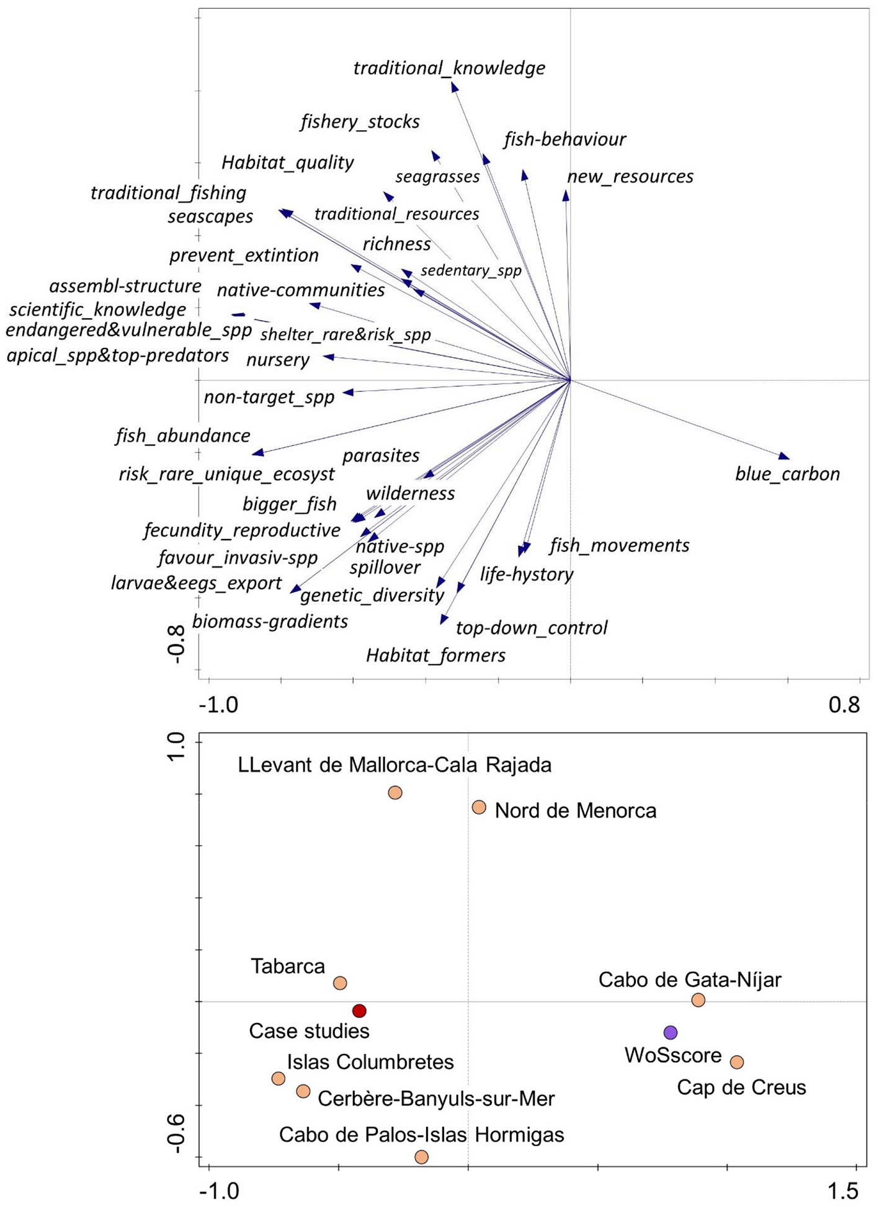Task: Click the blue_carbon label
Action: coord(787,474)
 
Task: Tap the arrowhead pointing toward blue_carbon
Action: coord(785,457)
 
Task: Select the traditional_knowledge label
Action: coord(449,68)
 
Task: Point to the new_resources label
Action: coord(630,177)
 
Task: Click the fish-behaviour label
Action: coord(564,140)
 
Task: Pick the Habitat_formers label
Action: coord(435,656)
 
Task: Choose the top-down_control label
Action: coord(532,628)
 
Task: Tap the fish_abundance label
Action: coord(182,435)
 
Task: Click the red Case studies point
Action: coord(359,1011)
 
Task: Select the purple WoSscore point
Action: coord(670,1032)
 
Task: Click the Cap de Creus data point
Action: coord(736,1062)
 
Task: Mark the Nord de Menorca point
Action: coord(479,807)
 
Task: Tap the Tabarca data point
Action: coord(340,983)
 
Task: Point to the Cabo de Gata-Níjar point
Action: coord(698,999)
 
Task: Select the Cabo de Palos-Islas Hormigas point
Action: coord(422,1156)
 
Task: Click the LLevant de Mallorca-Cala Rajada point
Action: coord(395,792)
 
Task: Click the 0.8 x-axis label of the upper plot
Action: coord(844,705)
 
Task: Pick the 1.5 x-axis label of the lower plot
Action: coord(844,1190)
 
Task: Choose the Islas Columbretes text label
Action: coord(370,1062)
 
